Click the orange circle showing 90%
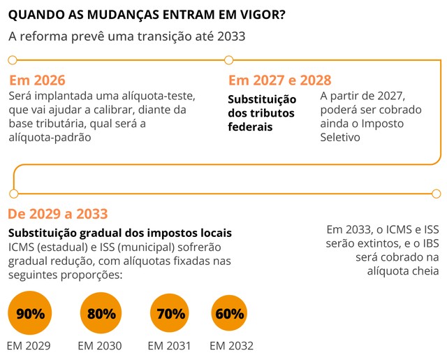coord(30,313)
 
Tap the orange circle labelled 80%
coord(102,313)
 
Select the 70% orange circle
coord(170,313)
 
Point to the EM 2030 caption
coord(100,345)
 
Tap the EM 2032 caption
coord(231,345)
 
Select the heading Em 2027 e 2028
coord(279,80)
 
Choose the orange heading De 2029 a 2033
coord(58,214)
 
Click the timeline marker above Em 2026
coord(12,60)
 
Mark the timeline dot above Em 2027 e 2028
coord(228,60)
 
